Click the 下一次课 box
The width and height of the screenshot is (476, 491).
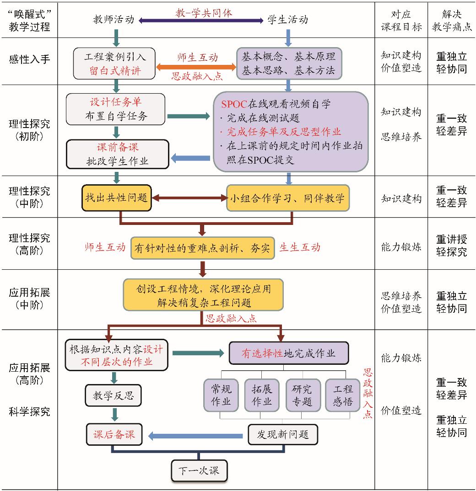coord(199,470)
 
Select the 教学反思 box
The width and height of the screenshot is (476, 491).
coord(113,395)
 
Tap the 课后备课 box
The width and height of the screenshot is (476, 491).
coord(114,434)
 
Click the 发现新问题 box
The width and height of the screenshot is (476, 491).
coord(282,434)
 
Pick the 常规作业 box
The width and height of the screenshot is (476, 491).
coord(221,395)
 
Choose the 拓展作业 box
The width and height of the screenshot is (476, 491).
coord(261,395)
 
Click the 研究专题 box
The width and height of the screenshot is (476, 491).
coord(302,395)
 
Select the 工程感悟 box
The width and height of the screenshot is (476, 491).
coord(342,395)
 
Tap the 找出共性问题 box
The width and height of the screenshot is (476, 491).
coord(116,198)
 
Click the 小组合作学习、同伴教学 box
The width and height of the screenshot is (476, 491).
coord(288,198)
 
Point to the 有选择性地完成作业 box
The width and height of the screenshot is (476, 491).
coord(288,353)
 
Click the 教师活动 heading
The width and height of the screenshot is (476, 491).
coord(114,20)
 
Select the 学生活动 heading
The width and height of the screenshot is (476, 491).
coord(287,20)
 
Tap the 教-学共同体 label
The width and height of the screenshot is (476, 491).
coord(204,12)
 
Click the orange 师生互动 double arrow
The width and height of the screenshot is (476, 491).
coord(196,67)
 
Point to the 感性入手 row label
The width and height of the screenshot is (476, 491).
coord(29,59)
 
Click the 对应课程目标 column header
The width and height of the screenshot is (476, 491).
coord(401,20)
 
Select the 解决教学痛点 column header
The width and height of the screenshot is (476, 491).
coord(451,20)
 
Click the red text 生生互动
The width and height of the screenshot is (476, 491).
coord(300,247)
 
